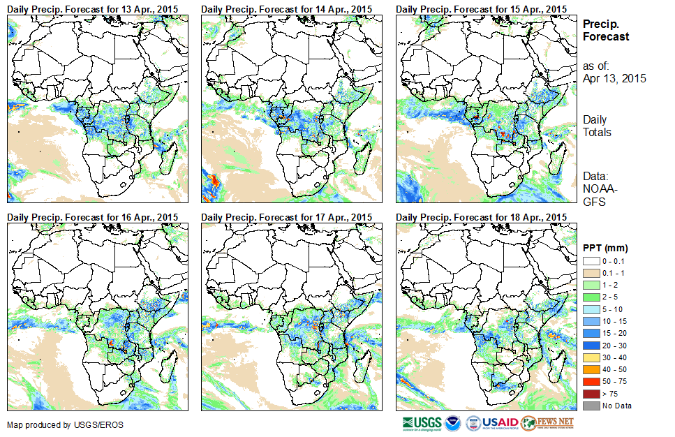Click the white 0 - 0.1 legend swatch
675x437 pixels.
pyautogui.click(x=591, y=261)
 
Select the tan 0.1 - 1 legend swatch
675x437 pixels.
pyautogui.click(x=591, y=273)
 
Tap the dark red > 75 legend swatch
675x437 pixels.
pyautogui.click(x=591, y=394)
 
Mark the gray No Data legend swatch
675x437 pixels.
pyautogui.click(x=591, y=406)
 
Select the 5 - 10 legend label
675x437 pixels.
pyautogui.click(x=612, y=309)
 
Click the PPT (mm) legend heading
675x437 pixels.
pyautogui.click(x=606, y=248)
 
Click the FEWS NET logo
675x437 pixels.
pyautogui.click(x=547, y=423)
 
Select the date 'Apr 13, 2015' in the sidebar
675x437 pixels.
pyautogui.click(x=614, y=78)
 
